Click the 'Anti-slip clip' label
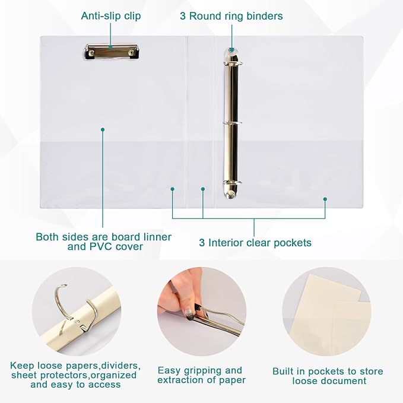tap(111, 16)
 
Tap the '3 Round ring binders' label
tap(231, 16)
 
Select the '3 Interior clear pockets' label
tap(255, 243)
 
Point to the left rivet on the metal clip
tap(91, 53)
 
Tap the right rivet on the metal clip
tap(132, 53)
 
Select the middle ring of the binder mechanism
tap(232, 123)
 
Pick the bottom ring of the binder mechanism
tap(232, 183)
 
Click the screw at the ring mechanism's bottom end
tap(230, 196)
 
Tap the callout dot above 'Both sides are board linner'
tap(103, 129)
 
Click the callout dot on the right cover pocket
tap(325, 199)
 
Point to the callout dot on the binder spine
tap(203, 189)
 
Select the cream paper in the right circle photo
tap(328, 313)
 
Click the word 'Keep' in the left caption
tap(22, 366)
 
